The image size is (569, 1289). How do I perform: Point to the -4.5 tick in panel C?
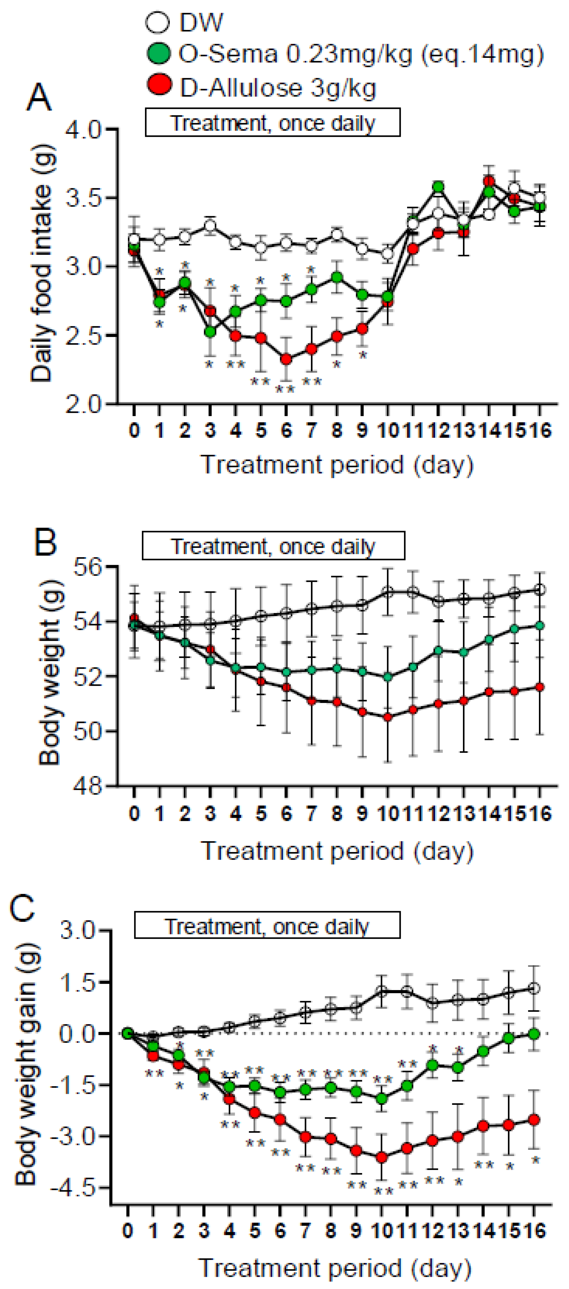(77, 1187)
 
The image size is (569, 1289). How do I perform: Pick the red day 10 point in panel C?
(381, 1157)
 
